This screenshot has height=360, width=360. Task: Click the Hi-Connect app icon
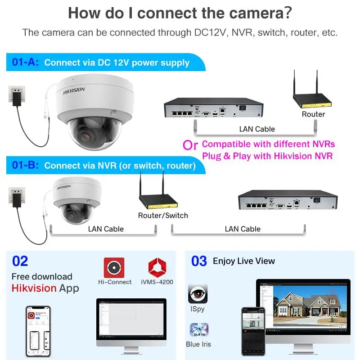click(114, 268)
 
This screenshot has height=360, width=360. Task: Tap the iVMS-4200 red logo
click(157, 268)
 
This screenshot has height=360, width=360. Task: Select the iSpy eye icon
click(198, 294)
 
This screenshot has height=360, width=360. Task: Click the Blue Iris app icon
click(199, 329)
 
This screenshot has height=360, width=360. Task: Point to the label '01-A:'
click(25, 62)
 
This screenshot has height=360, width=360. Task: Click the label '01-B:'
click(25, 165)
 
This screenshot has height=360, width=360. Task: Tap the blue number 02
click(20, 261)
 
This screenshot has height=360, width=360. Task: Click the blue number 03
click(199, 261)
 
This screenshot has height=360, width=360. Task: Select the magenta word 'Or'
click(190, 145)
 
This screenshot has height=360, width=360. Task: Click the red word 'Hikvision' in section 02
click(34, 288)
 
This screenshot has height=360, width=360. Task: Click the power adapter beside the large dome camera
click(17, 99)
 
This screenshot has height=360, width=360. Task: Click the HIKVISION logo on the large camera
click(74, 90)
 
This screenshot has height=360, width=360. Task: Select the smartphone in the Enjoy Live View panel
click(253, 332)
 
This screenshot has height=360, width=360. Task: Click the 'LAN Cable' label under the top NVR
click(257, 129)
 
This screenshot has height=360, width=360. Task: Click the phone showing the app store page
click(38, 331)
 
